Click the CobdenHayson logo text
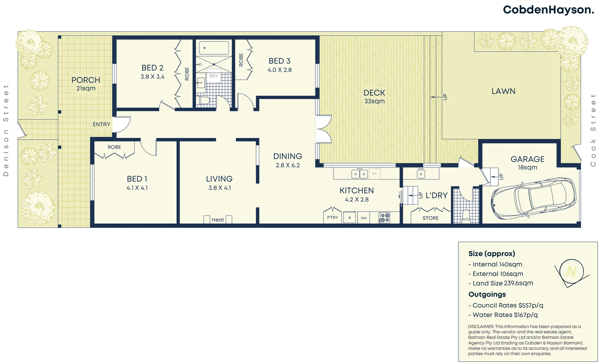click(x=548, y=10)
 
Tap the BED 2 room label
click(x=152, y=68)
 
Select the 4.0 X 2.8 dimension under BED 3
click(x=280, y=70)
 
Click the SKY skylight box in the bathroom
click(x=214, y=76)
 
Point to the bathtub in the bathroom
click(x=214, y=48)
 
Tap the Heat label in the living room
click(x=218, y=220)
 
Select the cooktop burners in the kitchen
click(x=384, y=218)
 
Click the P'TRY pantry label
click(x=332, y=218)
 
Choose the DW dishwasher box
click(x=374, y=174)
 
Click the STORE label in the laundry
click(x=430, y=218)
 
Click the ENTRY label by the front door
click(x=101, y=124)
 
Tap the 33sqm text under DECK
click(x=374, y=101)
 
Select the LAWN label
click(x=503, y=91)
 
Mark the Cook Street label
click(x=593, y=130)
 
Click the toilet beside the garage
click(x=466, y=216)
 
